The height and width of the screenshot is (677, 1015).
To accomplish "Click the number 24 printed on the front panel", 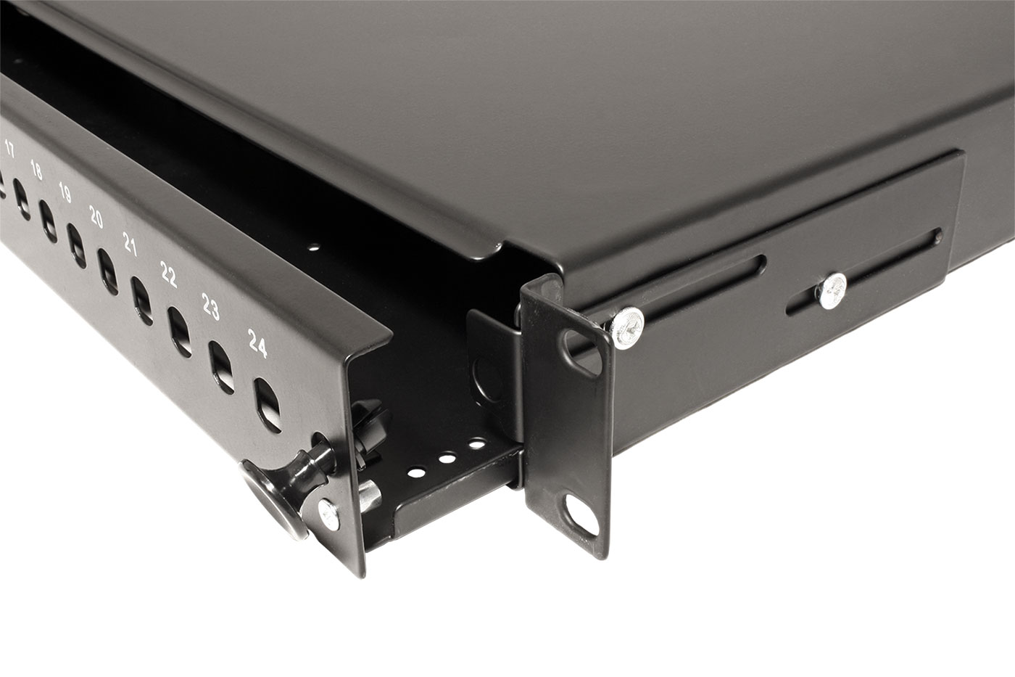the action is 258,343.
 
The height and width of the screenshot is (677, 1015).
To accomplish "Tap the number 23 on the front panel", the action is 211,306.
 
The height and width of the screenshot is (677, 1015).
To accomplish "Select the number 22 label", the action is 168,274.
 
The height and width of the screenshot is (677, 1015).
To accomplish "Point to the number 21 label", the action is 130,245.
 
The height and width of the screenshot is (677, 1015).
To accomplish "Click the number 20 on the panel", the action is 96,217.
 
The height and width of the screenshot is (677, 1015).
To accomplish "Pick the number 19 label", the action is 65,193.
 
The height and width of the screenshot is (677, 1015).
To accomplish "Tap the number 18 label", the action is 36,171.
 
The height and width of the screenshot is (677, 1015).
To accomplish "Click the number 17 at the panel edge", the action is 10,149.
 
